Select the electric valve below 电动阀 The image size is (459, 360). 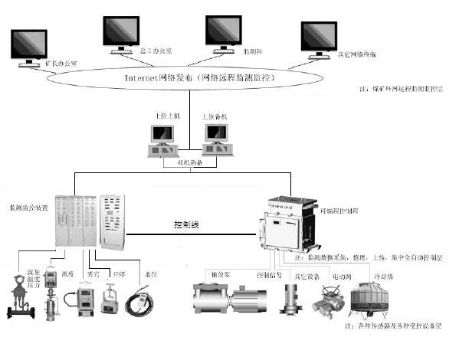click(x=327, y=303)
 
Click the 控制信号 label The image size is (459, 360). click(x=269, y=273)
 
